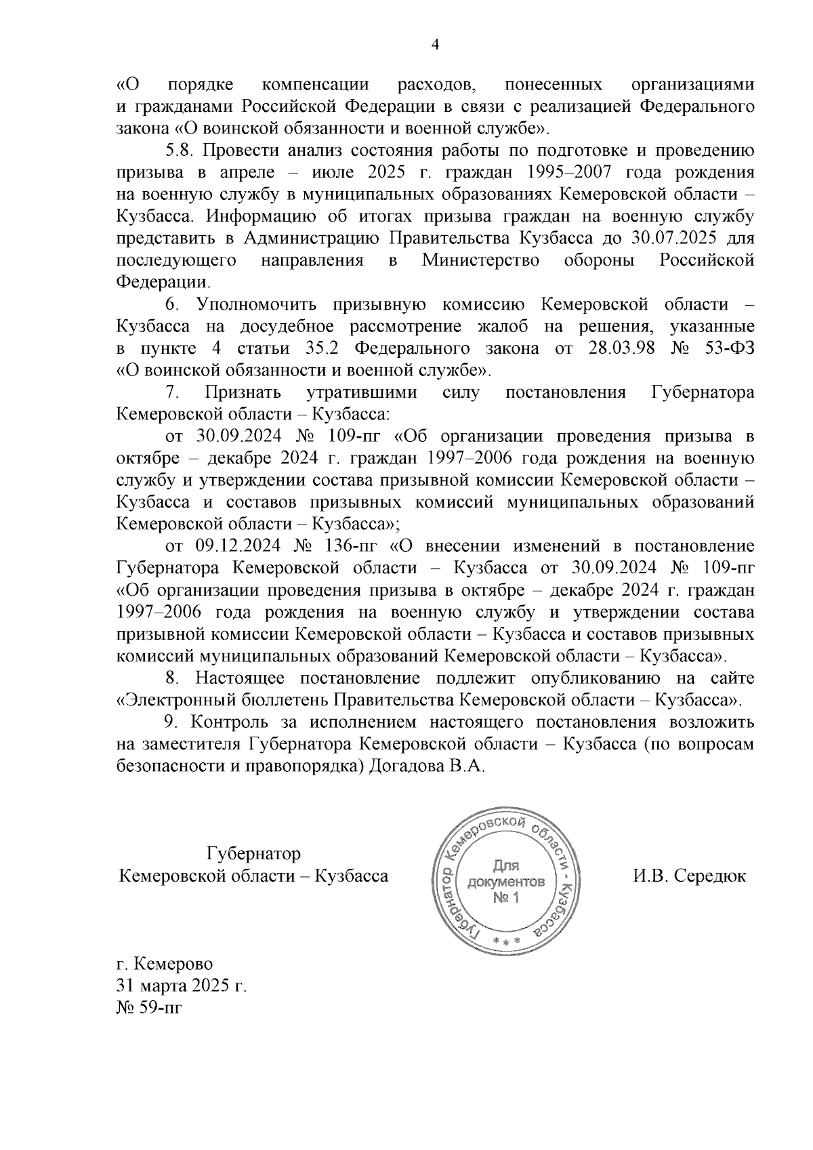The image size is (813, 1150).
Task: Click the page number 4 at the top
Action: [x=435, y=45]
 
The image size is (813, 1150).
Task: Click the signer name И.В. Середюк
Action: [x=689, y=876]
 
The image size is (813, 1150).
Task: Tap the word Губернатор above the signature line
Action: [x=253, y=853]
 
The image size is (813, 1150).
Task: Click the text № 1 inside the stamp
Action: [x=506, y=898]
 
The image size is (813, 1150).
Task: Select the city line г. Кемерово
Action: [x=165, y=963]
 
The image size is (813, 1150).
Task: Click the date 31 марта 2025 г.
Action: [x=181, y=985]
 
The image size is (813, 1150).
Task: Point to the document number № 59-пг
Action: [x=150, y=1007]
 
